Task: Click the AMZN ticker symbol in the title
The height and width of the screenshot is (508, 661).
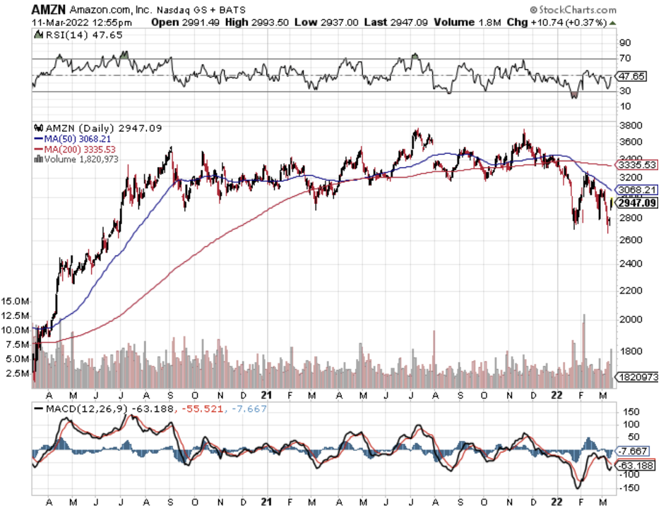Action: click(x=48, y=9)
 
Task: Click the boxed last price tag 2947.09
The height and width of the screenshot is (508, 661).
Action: click(x=637, y=202)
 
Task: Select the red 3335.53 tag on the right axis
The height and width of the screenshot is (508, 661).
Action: click(x=637, y=164)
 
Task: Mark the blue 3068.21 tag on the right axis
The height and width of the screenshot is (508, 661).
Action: click(x=637, y=190)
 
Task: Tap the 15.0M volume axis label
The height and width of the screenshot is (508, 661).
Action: click(x=15, y=301)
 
